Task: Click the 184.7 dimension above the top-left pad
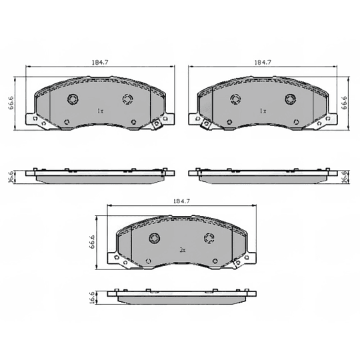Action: coord(100,62)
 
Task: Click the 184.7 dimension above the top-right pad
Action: coord(262,62)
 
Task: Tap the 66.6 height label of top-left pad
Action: coord(11,105)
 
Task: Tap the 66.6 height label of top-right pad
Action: coord(345,103)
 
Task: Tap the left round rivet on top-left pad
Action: coord(73,99)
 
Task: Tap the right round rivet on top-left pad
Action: coord(127,99)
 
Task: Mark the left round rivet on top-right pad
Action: coord(235,99)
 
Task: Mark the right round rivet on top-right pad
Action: coord(290,99)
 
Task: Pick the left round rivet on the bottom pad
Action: coord(154,238)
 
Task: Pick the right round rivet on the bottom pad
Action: coord(209,238)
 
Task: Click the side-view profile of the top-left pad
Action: coord(100,175)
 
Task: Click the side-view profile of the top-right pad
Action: coord(263,175)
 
